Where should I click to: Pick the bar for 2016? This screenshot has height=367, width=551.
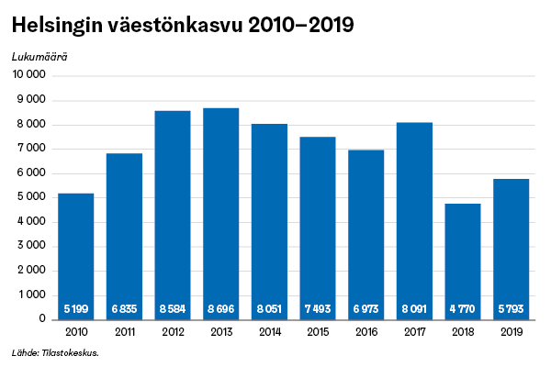365,234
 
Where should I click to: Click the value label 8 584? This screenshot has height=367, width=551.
173,308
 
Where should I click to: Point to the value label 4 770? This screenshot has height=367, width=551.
463,308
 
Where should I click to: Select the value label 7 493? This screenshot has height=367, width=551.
318,308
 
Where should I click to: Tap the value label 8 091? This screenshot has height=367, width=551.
414,308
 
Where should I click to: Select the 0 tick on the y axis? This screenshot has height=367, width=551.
42,319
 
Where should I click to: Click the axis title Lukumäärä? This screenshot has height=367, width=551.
39,56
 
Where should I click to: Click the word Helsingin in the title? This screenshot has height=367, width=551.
55,25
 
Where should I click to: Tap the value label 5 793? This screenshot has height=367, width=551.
512,308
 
